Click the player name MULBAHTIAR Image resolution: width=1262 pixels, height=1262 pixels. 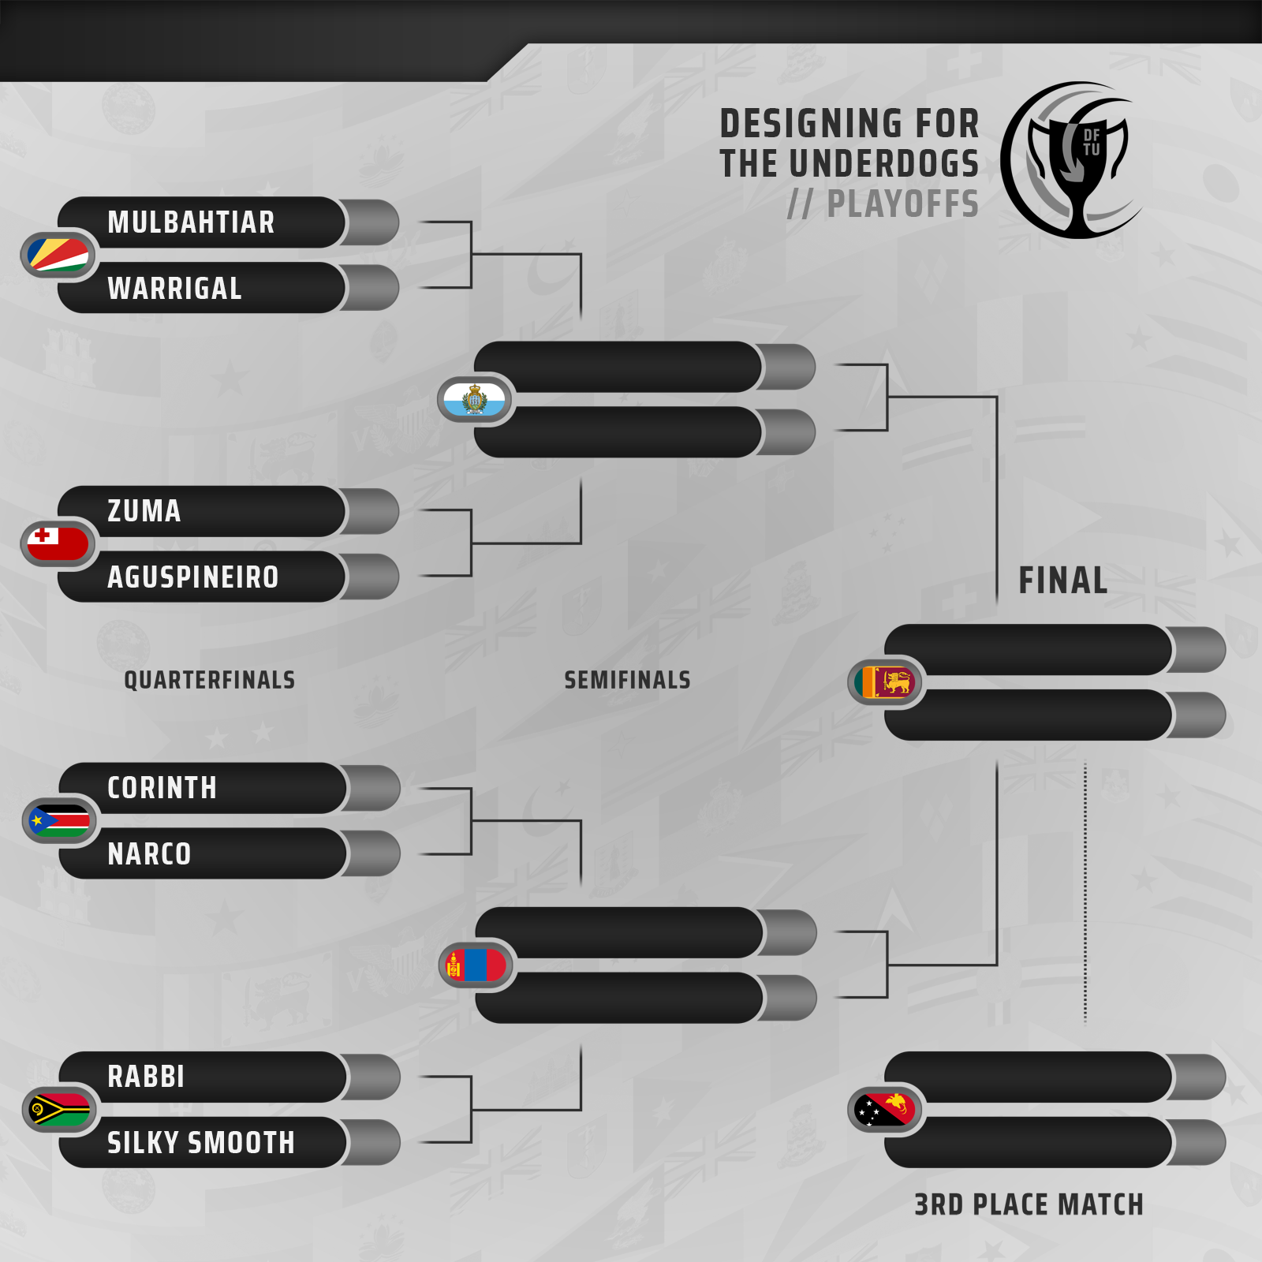pos(191,222)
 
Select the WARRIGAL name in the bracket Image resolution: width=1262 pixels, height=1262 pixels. pos(174,289)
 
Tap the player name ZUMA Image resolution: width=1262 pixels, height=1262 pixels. pos(144,511)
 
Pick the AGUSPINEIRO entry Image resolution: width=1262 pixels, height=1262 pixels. pos(193,577)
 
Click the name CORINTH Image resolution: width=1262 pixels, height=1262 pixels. pos(162,788)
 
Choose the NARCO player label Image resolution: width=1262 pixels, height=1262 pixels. pos(149,854)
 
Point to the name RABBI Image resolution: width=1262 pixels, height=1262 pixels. pos(146,1077)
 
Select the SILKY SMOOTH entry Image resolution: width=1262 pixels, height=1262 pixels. pos(201,1143)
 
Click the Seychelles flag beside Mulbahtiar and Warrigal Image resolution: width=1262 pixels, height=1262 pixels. pos(58,255)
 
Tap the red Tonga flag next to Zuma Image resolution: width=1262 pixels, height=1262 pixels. pos(58,543)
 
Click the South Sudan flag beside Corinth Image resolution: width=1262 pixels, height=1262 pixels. pos(60,821)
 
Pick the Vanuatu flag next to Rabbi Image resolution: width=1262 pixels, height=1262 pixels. pos(60,1110)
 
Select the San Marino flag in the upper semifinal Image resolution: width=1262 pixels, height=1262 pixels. pos(475,399)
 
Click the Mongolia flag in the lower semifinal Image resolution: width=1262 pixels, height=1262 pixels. pos(476,965)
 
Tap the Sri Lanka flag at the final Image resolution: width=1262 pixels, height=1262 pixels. pos(886,682)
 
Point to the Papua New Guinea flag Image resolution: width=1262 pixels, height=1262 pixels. pos(886,1110)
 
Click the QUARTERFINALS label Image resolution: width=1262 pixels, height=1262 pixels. pos(210,680)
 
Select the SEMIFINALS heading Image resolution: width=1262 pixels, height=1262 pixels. pos(627,680)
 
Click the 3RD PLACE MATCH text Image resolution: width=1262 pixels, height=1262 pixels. pos(1029,1204)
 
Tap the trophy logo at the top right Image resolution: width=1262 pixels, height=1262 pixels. pos(1073,160)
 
